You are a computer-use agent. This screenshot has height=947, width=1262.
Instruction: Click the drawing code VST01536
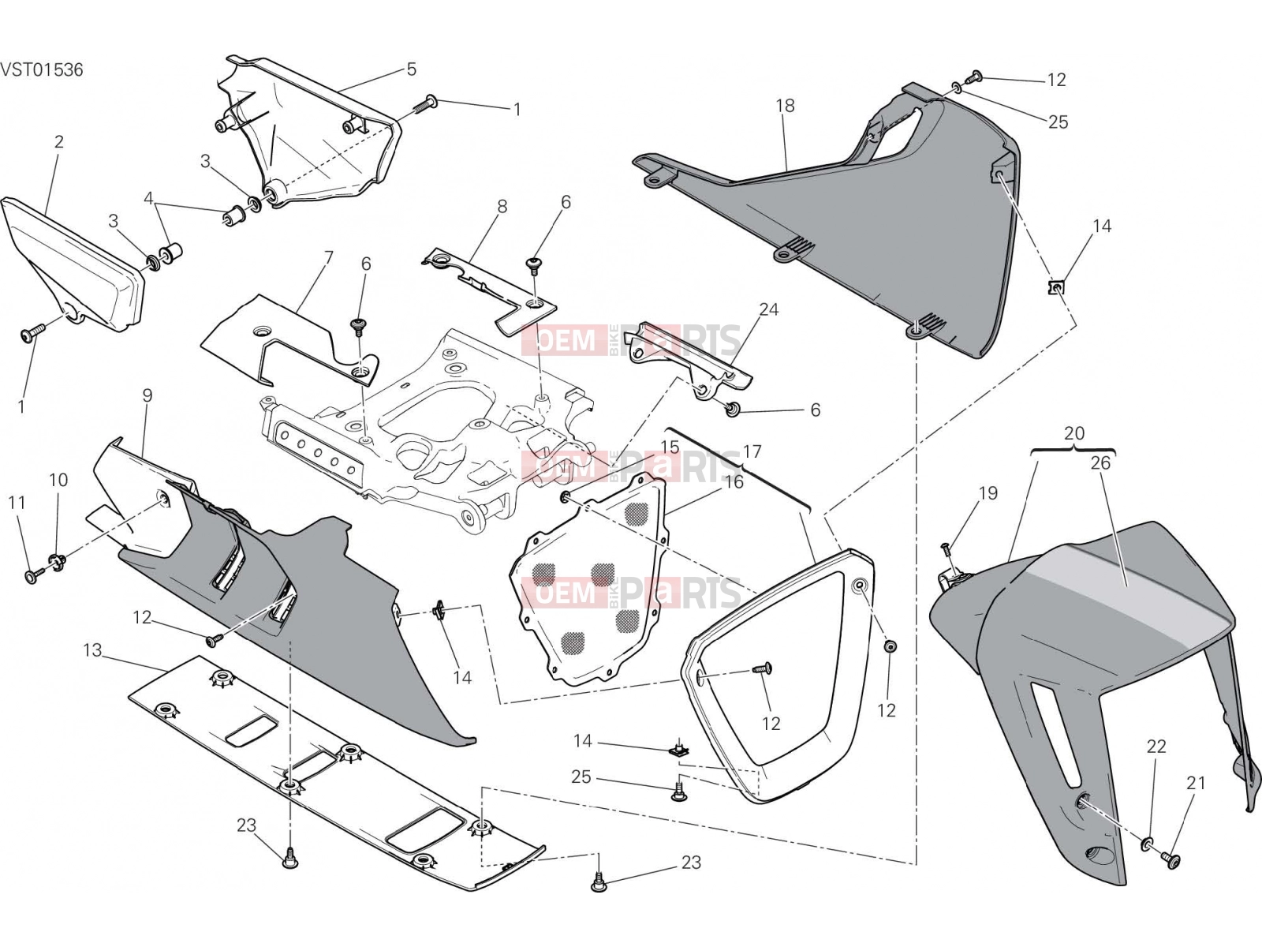pos(42,69)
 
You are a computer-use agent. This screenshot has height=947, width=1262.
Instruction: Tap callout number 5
pos(411,69)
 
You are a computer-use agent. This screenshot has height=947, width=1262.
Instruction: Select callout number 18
pos(785,106)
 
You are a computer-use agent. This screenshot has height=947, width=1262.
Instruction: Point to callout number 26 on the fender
pos(1100,463)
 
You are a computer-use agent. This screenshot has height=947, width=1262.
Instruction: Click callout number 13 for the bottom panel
pos(92,650)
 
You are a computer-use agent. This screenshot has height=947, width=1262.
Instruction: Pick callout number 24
pos(769,309)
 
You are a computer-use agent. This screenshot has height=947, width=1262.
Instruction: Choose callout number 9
pos(147,395)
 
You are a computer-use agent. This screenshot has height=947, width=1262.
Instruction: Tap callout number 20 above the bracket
pos(1074,433)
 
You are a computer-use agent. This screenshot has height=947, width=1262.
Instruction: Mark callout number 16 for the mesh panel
pos(734,481)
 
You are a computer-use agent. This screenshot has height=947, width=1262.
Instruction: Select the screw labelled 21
pos(1171,859)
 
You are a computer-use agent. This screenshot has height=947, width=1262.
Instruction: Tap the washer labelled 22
pos(1146,844)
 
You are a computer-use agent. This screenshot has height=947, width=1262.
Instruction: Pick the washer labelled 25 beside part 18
pos(955,87)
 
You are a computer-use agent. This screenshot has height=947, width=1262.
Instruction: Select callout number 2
pos(58,141)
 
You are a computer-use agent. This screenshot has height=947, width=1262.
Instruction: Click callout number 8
pos(502,207)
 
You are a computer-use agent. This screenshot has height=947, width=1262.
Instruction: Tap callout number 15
pos(670,447)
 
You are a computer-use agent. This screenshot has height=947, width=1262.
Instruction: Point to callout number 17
pos(752,451)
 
